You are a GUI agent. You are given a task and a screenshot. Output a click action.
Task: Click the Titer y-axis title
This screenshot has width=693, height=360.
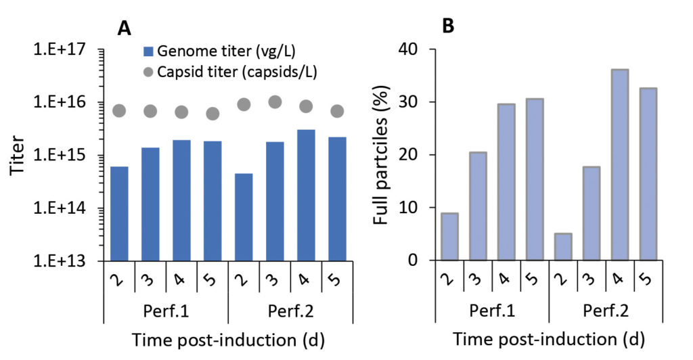click(x=18, y=155)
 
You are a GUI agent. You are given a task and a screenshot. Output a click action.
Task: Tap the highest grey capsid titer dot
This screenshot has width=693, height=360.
click(x=275, y=102)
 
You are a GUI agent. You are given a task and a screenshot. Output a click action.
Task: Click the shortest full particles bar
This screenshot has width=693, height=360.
click(x=562, y=247)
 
